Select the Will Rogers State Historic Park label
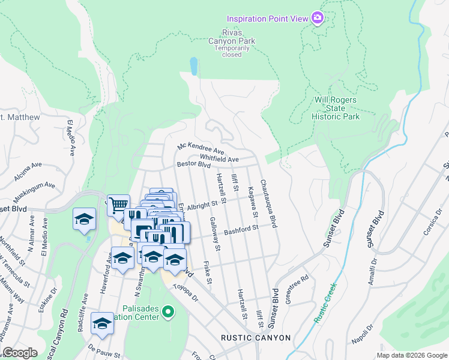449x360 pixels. pyautogui.click(x=336, y=108)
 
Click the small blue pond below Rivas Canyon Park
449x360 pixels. pyautogui.click(x=193, y=66)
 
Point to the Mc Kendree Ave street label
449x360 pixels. pyautogui.click(x=200, y=148)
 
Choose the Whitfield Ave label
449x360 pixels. pyautogui.click(x=219, y=158)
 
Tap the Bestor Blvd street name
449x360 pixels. pyautogui.click(x=193, y=164)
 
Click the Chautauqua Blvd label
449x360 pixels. pyautogui.click(x=268, y=203)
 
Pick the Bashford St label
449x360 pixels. pyautogui.click(x=241, y=229)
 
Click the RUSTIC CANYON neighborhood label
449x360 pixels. pyautogui.click(x=255, y=338)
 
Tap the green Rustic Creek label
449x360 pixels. pyautogui.click(x=324, y=304)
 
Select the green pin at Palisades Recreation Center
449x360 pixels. pyautogui.click(x=169, y=312)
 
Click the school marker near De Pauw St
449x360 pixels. pyautogui.click(x=102, y=323)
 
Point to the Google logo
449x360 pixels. pyautogui.click(x=20, y=353)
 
